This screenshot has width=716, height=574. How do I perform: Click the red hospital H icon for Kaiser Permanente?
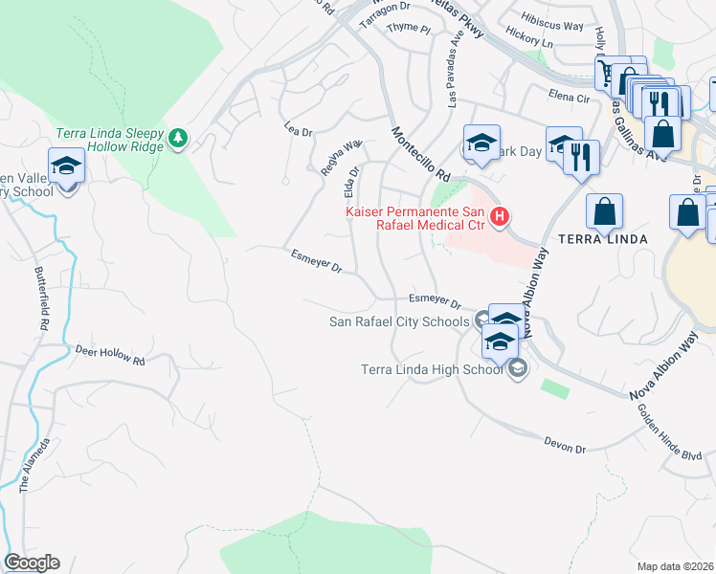click(499, 218)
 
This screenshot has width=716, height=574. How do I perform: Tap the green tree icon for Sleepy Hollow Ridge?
click(177, 140)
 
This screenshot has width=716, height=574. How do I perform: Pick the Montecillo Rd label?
click(419, 153)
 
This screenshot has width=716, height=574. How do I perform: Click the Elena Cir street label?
click(569, 97)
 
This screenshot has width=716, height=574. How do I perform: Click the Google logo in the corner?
click(32, 563)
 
